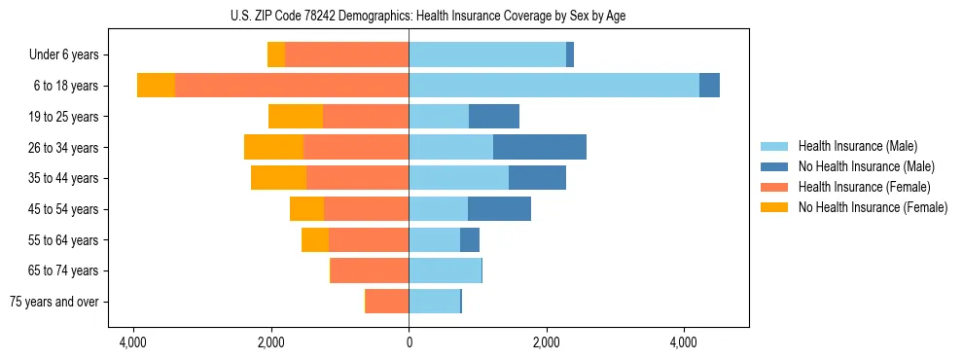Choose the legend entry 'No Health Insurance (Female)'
tap(873, 207)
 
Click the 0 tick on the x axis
tap(409, 342)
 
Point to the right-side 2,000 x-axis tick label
tap(547, 342)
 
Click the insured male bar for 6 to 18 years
tap(553, 86)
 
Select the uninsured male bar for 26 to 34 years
tap(540, 148)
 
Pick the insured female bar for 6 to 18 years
tap(292, 86)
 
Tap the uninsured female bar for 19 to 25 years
tap(296, 117)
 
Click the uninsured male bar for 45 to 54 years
tap(499, 209)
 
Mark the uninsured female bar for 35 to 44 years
tap(278, 178)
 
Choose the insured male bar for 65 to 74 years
tap(445, 270)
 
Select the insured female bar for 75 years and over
tap(387, 302)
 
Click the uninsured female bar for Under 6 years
tap(276, 55)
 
